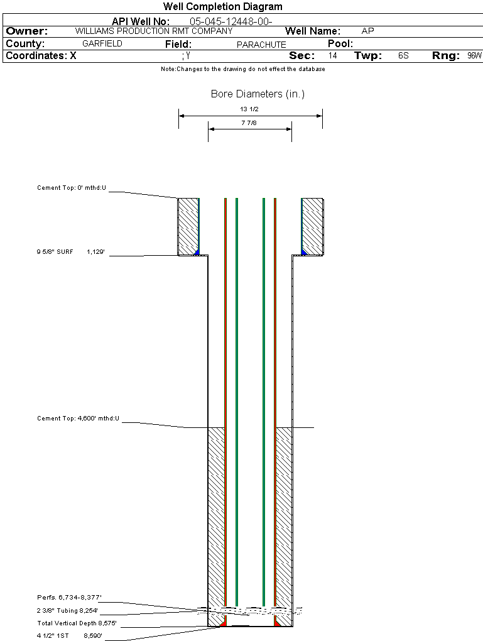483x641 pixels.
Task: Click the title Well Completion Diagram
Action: pyautogui.click(x=223, y=7)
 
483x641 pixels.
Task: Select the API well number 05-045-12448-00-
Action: pyautogui.click(x=231, y=21)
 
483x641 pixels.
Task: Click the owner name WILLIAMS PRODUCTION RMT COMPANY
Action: pyautogui.click(x=153, y=31)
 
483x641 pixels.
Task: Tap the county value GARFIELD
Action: pyautogui.click(x=102, y=44)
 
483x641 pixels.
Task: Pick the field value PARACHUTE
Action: pyautogui.click(x=261, y=45)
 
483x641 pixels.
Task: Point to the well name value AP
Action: pyautogui.click(x=368, y=31)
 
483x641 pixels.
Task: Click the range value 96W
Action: pyautogui.click(x=474, y=56)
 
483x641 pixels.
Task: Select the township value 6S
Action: pyautogui.click(x=403, y=56)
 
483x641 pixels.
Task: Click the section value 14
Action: pyautogui.click(x=332, y=56)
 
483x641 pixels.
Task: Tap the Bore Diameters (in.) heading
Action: pyautogui.click(x=258, y=94)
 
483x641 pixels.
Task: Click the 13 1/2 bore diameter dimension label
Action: pyautogui.click(x=249, y=109)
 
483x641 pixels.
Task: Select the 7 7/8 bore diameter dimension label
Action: pyautogui.click(x=249, y=123)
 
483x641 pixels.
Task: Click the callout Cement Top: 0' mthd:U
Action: pyautogui.click(x=72, y=188)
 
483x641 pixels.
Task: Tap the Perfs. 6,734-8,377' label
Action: pyautogui.click(x=69, y=597)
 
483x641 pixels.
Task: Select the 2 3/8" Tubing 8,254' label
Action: pyautogui.click(x=67, y=610)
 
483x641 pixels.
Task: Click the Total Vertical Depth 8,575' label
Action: pyautogui.click(x=77, y=623)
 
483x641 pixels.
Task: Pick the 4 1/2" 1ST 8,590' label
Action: pyautogui.click(x=69, y=636)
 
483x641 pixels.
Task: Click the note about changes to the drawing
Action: pyautogui.click(x=242, y=69)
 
